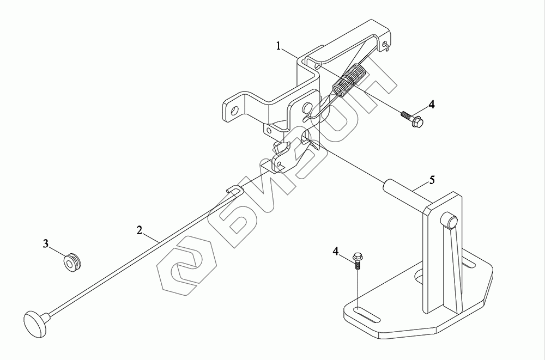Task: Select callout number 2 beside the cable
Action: tap(140, 230)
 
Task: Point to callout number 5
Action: tap(431, 180)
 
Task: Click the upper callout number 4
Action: tap(431, 104)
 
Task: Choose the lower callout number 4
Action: tap(336, 251)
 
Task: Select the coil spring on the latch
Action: tap(349, 80)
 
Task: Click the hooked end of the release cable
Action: tap(233, 188)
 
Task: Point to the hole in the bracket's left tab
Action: tap(235, 109)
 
